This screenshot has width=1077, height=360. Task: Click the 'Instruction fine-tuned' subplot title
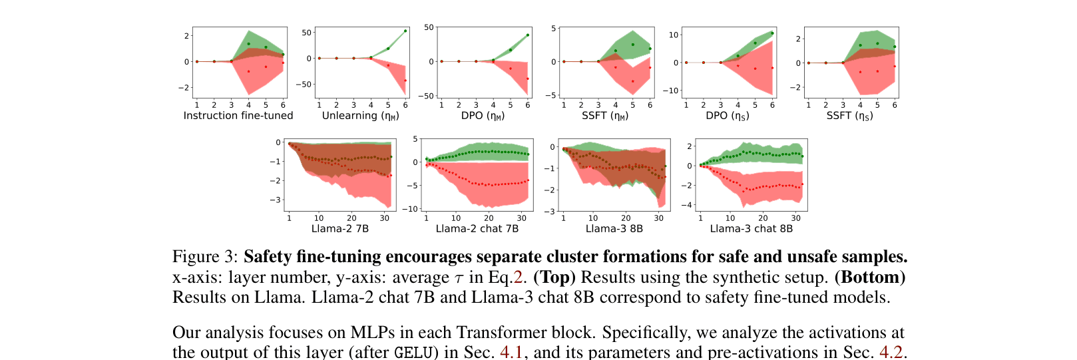[238, 116]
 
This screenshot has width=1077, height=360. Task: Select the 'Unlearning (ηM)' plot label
[360, 116]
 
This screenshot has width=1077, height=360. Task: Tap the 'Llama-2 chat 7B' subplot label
[477, 229]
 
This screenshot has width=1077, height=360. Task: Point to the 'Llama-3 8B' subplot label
[614, 229]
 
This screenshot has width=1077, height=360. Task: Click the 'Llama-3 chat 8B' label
[751, 229]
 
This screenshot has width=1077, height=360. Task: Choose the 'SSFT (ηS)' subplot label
[849, 116]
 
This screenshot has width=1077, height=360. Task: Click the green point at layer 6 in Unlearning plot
[405, 31]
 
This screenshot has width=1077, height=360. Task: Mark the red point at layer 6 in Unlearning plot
[405, 81]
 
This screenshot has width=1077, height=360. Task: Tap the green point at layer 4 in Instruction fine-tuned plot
[248, 44]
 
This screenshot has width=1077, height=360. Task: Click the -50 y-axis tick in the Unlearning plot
[306, 85]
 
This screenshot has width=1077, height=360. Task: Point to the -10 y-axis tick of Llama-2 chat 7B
[412, 209]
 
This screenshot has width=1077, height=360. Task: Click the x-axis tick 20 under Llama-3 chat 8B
[763, 218]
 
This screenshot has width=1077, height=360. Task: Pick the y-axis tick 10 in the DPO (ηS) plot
[674, 35]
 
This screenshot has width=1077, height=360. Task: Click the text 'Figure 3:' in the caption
[205, 257]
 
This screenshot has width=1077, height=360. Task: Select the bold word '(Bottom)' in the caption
[869, 277]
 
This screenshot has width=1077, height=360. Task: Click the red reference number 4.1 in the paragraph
[511, 351]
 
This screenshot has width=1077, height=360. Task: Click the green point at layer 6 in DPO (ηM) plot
[528, 35]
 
